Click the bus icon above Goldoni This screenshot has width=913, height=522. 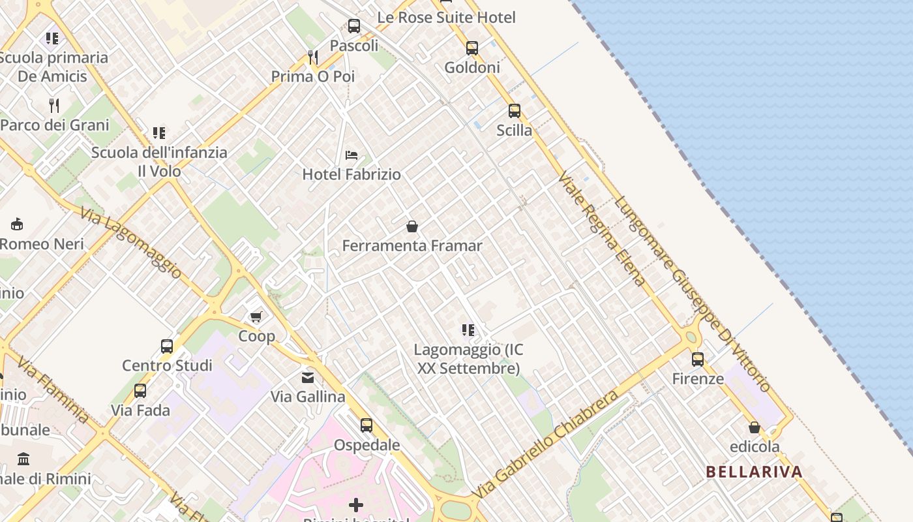coord(471,48)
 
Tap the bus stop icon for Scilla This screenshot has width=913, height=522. coord(515,111)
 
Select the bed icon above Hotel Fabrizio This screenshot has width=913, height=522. coord(352,155)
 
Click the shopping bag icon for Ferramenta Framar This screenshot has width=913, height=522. coord(412,226)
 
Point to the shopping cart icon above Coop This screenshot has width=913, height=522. coord(256,316)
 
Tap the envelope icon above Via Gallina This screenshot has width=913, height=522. coord(308,377)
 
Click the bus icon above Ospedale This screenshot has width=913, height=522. coord(367,425)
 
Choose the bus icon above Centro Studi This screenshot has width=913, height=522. coord(167,346)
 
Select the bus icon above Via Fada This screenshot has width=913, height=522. coord(140,391)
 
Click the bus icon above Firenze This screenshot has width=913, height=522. coord(698,359)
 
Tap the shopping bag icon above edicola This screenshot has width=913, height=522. coord(755,427)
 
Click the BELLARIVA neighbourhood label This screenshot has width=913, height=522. coord(754,472)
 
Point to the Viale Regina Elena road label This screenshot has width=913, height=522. coord(601,229)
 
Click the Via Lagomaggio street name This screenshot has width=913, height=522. coord(130,243)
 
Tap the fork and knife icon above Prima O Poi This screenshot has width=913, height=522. coord(313,57)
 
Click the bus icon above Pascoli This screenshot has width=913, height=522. coord(354,26)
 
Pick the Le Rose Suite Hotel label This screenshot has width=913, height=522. coord(446,18)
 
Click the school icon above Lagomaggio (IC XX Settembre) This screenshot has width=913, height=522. coord(468,330)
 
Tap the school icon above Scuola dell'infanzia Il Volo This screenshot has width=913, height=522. coord(159,133)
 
